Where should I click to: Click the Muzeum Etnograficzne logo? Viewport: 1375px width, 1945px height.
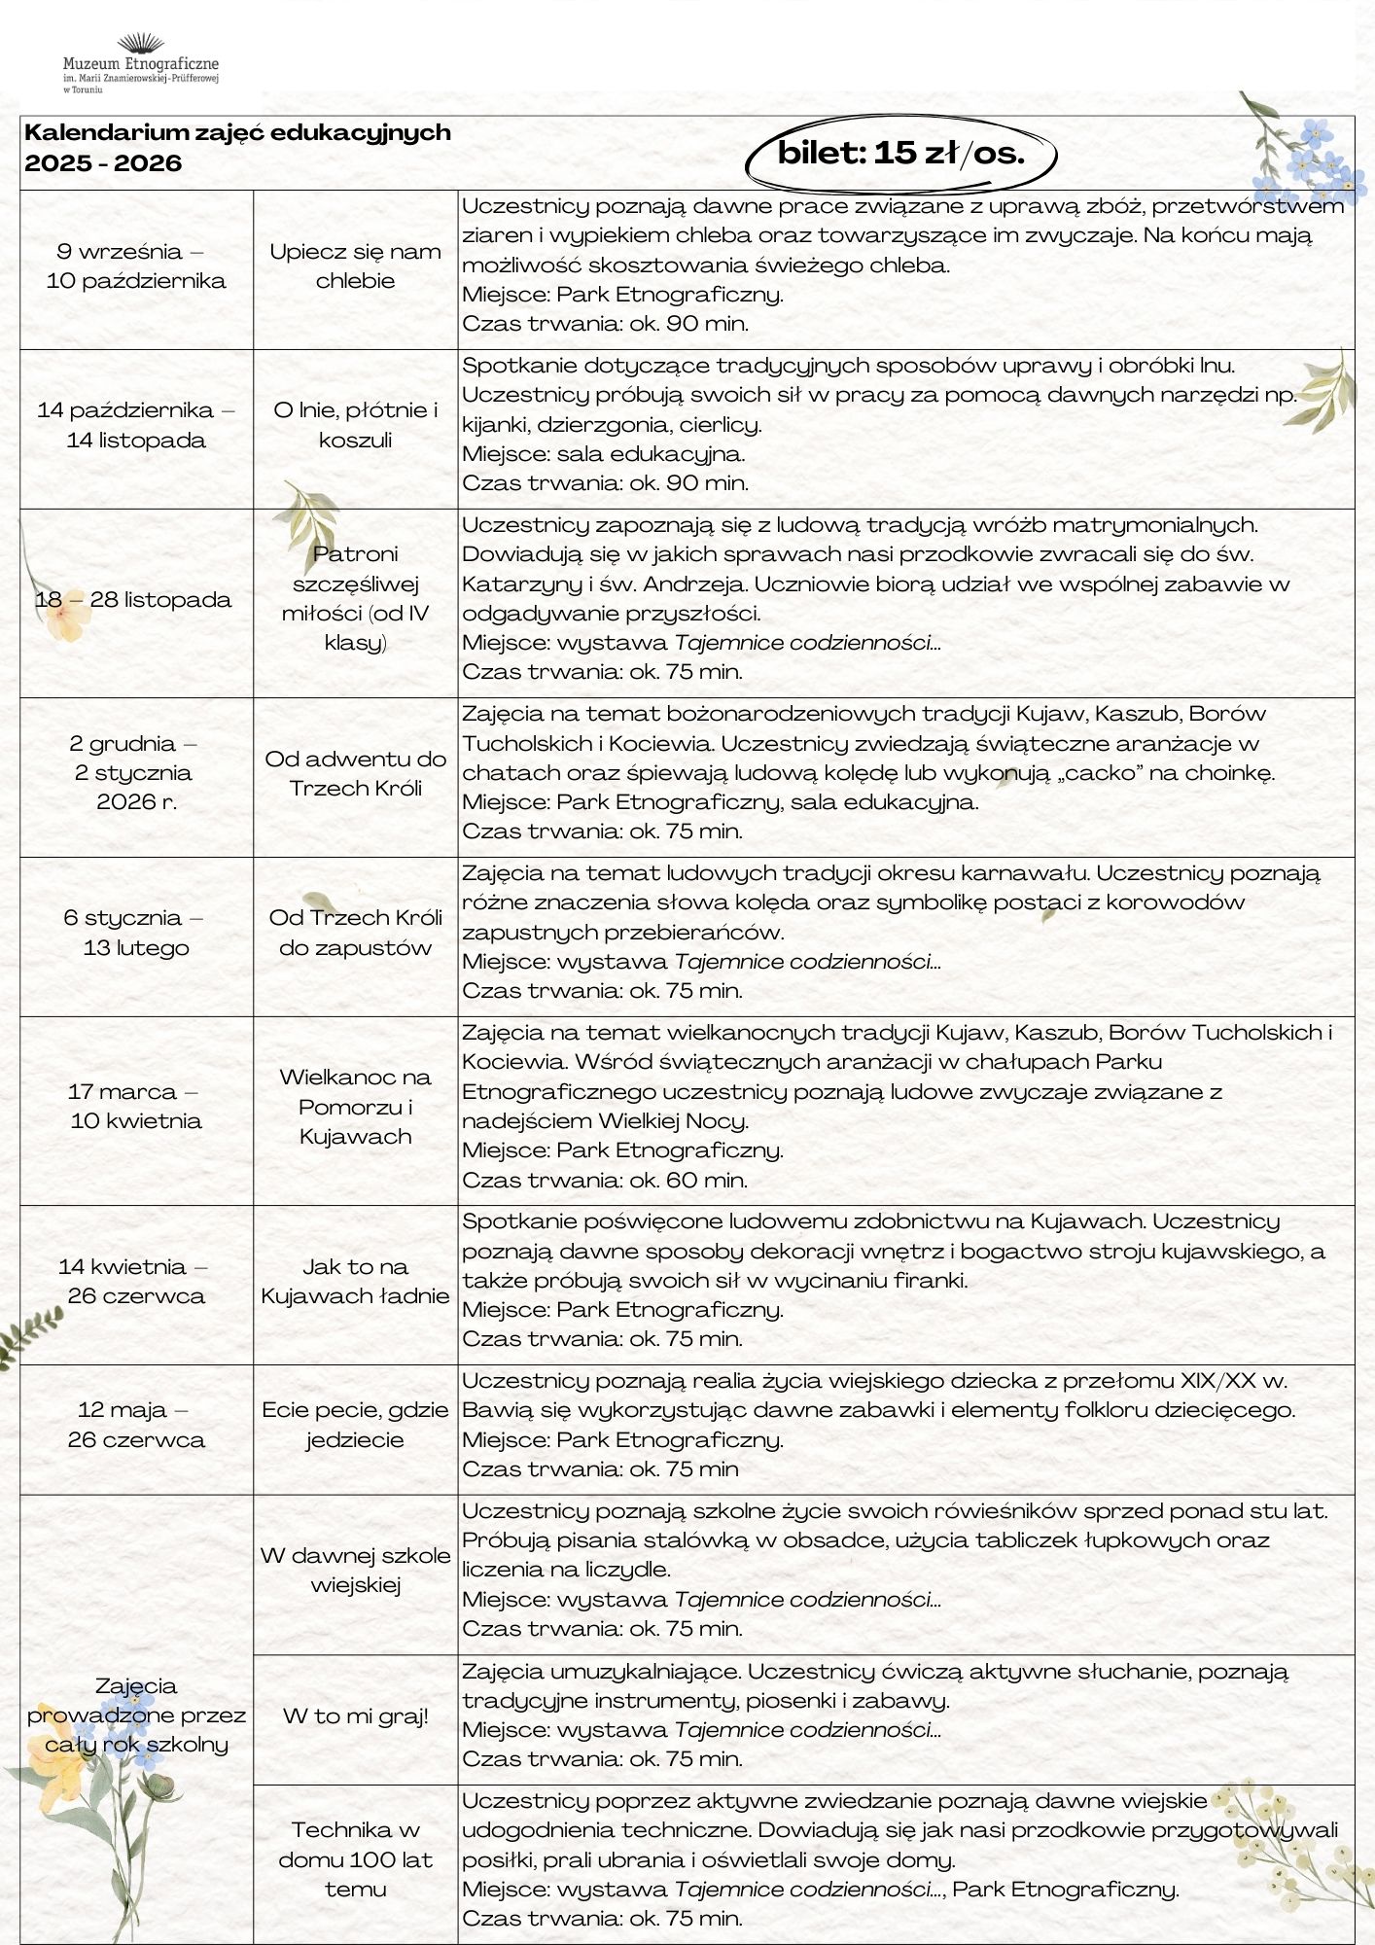[141, 63]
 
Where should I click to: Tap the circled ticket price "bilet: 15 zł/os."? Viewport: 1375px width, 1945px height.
[900, 153]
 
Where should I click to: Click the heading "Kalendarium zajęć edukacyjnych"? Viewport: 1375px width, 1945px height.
[237, 132]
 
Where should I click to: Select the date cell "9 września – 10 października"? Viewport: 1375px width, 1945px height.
[136, 266]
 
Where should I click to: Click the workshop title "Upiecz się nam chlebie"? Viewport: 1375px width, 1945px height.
[355, 266]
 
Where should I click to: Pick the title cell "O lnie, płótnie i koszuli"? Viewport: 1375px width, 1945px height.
[355, 425]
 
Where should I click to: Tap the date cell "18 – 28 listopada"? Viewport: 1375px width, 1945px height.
[134, 600]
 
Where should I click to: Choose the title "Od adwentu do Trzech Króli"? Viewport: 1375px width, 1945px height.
[355, 773]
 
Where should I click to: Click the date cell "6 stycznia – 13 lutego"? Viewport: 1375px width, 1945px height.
[136, 933]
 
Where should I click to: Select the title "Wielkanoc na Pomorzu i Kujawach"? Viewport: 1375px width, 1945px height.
[355, 1107]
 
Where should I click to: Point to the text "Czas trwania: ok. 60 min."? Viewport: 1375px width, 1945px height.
[605, 1181]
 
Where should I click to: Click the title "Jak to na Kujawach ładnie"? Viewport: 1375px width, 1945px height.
[355, 1281]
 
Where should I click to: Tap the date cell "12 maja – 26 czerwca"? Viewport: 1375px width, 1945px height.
[136, 1425]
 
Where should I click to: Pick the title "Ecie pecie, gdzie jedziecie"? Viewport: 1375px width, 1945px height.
[355, 1425]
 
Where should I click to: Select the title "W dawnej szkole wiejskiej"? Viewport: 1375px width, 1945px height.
[355, 1570]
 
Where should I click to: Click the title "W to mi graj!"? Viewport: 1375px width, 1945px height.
[355, 1715]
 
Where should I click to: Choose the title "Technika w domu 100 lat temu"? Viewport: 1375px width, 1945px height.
[355, 1859]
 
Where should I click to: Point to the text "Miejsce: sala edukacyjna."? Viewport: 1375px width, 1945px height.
[603, 454]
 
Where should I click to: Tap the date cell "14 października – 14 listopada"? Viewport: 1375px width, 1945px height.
[136, 425]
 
